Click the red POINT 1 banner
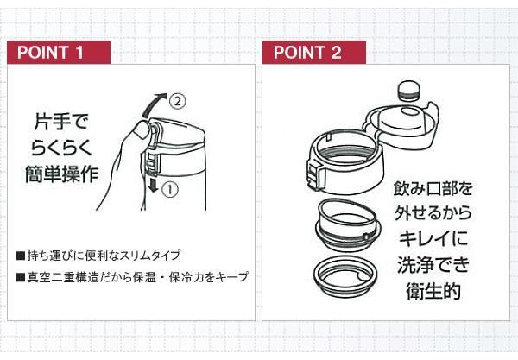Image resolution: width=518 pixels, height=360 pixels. click(59, 52)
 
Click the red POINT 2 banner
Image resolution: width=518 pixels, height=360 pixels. click(314, 52)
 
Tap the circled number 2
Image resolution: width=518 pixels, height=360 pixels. click(178, 101)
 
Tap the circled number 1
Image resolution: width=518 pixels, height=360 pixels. click(170, 190)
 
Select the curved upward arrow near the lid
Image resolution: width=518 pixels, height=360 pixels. click(153, 102)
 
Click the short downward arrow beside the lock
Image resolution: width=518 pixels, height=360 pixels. click(153, 184)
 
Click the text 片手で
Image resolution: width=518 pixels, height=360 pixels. click(61, 122)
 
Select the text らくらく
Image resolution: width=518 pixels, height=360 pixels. click(61, 148)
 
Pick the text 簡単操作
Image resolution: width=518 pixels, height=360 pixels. click(62, 174)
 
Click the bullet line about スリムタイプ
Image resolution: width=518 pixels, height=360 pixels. click(98, 256)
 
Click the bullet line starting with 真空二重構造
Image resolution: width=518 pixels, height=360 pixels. click(132, 277)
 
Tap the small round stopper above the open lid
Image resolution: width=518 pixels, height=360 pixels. click(409, 91)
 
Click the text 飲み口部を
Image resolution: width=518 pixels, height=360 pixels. click(433, 188)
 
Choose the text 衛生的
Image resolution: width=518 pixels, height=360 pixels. click(433, 291)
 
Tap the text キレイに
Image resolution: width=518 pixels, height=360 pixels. click(433, 238)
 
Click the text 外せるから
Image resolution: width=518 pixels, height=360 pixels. click(433, 214)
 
